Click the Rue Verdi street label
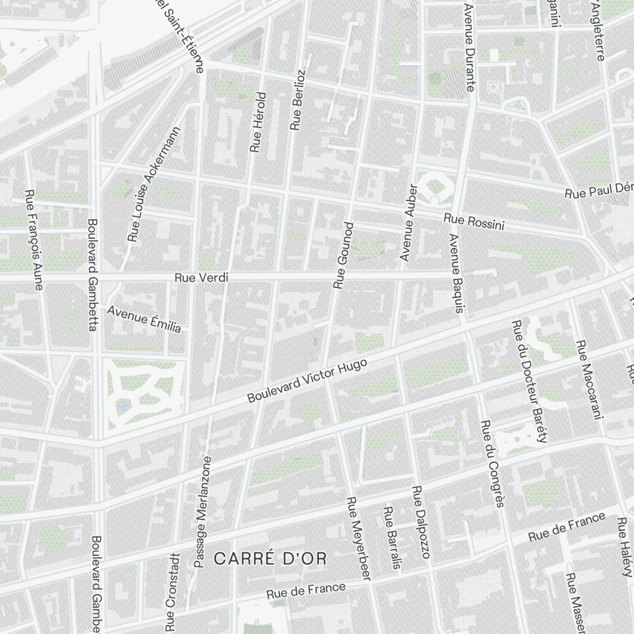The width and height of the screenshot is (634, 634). (201, 278)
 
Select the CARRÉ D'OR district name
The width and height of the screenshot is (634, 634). (270, 559)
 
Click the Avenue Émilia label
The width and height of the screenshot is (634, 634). (145, 320)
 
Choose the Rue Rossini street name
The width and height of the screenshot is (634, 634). (474, 222)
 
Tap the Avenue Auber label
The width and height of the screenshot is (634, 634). (407, 223)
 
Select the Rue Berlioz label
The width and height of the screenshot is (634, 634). (298, 100)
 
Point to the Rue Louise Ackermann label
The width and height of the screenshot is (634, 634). (155, 184)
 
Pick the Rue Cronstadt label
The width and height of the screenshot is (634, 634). (171, 592)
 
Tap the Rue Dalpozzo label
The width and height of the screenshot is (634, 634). (420, 522)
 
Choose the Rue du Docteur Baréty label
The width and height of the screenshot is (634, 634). (528, 382)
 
